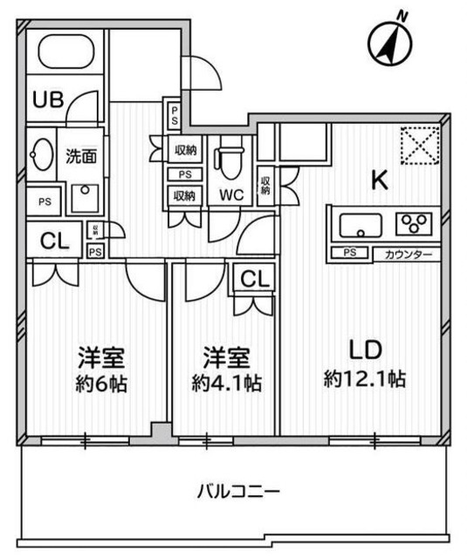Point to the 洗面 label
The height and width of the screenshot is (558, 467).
[x=80, y=157]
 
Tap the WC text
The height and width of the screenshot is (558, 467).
[x=231, y=194]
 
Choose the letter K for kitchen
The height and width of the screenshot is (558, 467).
[x=380, y=180]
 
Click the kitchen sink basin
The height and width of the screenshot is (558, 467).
[x=359, y=226]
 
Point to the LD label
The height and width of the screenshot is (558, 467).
[x=365, y=350]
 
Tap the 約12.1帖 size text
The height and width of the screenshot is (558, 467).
[x=366, y=379]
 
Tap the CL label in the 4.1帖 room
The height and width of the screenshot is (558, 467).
[x=253, y=280]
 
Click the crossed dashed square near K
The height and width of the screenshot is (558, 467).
[x=420, y=146]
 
